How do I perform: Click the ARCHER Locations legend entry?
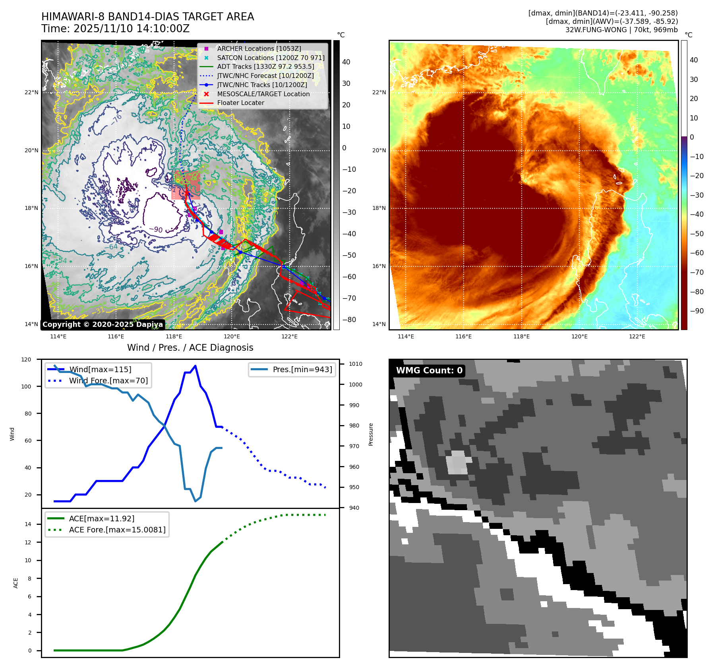click(259, 49)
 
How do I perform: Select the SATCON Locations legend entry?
click(271, 58)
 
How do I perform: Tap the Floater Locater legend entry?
click(240, 103)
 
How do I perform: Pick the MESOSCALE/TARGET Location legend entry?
click(263, 94)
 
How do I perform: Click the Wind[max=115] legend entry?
click(100, 369)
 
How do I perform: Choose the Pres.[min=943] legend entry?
click(302, 369)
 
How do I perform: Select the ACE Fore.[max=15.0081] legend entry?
click(117, 530)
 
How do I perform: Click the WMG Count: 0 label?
click(429, 371)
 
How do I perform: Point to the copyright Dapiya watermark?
click(103, 324)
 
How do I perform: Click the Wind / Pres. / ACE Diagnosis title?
click(190, 348)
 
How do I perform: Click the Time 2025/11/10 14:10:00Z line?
click(115, 29)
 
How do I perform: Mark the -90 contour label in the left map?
click(156, 230)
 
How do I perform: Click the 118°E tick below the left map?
click(174, 336)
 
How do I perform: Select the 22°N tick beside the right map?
click(379, 92)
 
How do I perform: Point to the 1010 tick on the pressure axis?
click(355, 364)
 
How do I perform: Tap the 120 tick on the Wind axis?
click(26, 359)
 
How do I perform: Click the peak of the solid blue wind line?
click(195, 366)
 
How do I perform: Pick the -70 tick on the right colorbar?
click(697, 272)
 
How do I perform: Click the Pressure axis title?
click(371, 434)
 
